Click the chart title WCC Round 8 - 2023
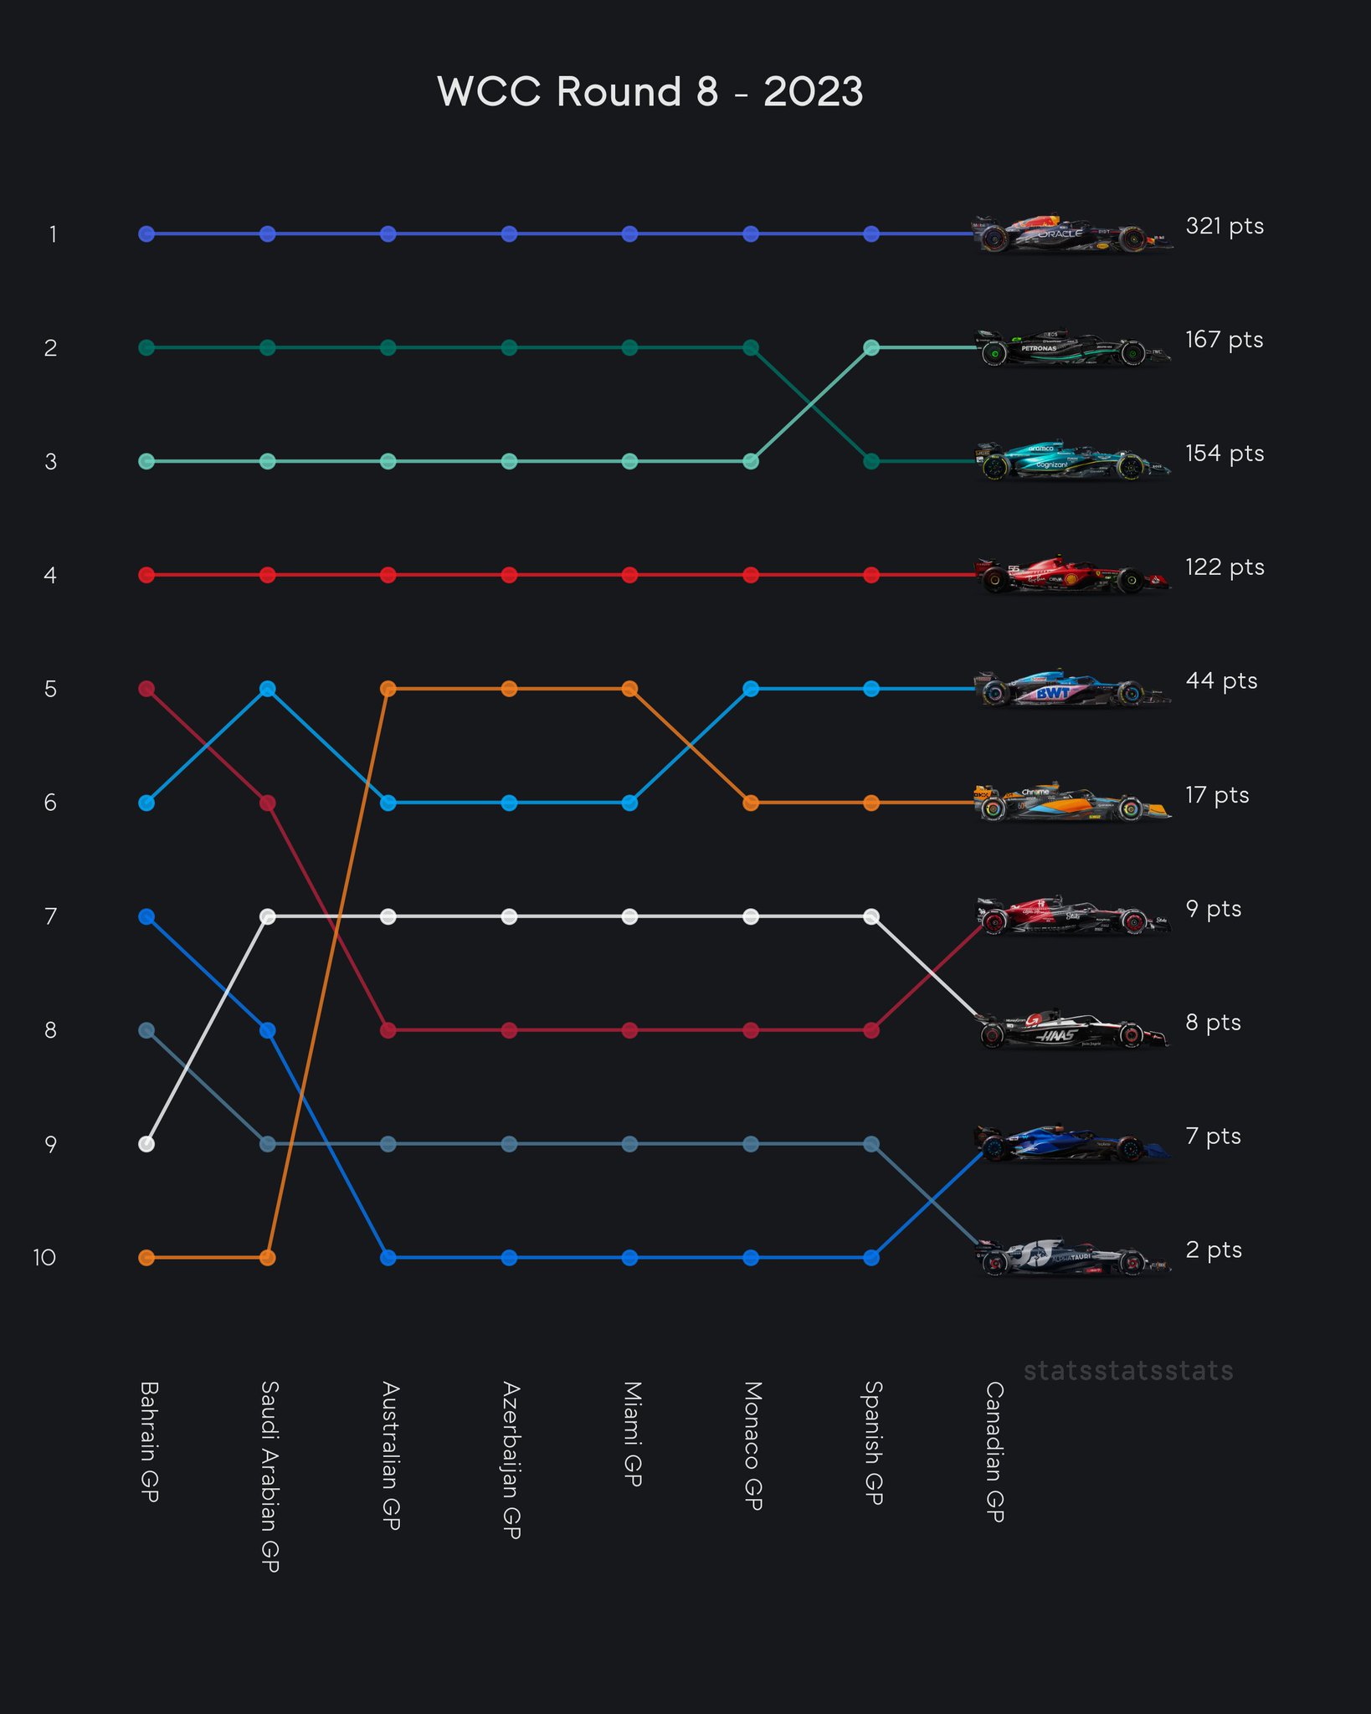pos(650,91)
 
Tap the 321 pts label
pos(1225,226)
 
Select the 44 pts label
pos(1221,681)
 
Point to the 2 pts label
pos(1214,1250)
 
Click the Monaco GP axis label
pos(752,1446)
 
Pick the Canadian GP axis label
pos(994,1451)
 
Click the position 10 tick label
pos(44,1258)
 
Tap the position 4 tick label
pos(51,576)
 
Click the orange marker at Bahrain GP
pos(146,1258)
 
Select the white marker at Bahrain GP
pos(146,1144)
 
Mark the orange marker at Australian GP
pos(388,689)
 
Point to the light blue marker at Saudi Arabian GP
pos(268,689)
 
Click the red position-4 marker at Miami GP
pos(630,575)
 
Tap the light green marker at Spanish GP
pos(871,347)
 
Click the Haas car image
pos(1074,1029)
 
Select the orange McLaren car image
pos(1074,802)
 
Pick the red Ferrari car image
pos(1074,575)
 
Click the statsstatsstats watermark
pos(1128,1372)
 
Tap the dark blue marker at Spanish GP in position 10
pos(871,1258)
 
